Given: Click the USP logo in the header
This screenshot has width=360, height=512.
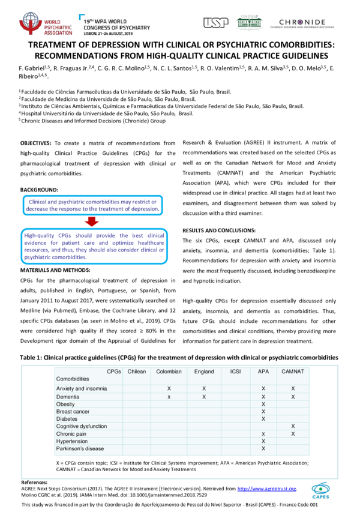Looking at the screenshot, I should (x=215, y=22).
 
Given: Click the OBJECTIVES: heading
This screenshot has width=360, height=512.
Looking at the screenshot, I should (x=36, y=143).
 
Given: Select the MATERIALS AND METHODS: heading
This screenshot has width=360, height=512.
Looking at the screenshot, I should (x=58, y=270).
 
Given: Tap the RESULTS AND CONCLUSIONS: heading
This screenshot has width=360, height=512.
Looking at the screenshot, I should (x=219, y=230).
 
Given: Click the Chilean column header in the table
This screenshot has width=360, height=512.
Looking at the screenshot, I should (x=136, y=372).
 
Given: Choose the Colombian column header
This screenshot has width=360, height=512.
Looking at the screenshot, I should (x=169, y=372).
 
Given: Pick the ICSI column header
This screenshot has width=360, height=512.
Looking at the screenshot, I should (x=236, y=372).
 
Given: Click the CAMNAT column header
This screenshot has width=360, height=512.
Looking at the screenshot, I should (x=293, y=372).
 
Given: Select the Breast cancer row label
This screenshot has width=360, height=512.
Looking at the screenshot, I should (x=73, y=411).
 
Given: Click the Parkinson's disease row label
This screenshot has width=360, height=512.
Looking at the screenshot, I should (x=80, y=448).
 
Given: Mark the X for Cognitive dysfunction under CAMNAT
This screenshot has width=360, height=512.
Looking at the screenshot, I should (x=293, y=426).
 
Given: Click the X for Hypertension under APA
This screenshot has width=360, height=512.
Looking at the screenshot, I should (x=263, y=441).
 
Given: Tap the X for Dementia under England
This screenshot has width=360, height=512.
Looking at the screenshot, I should (x=204, y=397).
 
